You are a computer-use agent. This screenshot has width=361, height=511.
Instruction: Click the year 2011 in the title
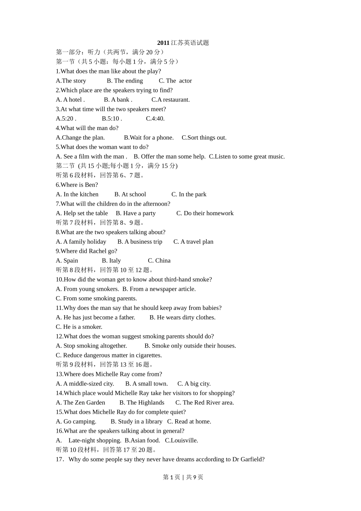(163, 43)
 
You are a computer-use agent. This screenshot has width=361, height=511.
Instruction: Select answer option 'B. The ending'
(125, 81)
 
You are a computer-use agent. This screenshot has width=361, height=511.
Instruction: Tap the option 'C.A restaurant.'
(170, 100)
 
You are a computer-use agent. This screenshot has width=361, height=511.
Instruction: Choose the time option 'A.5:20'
(65, 119)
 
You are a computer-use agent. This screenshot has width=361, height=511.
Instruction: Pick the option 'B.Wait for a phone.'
(149, 138)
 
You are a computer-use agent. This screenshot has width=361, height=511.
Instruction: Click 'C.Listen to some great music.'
(247, 156)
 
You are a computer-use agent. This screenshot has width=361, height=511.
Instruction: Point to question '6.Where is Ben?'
(77, 185)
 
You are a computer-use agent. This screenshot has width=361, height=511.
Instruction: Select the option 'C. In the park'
(189, 194)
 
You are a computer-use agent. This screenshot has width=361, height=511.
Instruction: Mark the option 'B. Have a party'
(136, 213)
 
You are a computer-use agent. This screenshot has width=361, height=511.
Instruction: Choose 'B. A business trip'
(140, 242)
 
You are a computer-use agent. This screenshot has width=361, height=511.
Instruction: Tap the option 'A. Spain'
(67, 260)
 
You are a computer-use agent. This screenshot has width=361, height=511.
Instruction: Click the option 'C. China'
(159, 260)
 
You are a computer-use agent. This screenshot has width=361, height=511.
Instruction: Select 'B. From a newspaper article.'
(159, 289)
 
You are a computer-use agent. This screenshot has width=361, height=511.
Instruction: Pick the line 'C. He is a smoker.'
(79, 327)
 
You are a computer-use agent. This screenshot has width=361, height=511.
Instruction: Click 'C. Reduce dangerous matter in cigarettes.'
(109, 355)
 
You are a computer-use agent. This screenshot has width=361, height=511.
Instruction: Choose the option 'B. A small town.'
(146, 384)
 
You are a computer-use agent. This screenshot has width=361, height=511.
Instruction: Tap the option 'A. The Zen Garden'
(81, 403)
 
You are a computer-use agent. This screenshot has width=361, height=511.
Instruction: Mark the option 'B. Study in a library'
(136, 422)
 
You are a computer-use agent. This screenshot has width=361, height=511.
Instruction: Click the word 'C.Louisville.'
(181, 440)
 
